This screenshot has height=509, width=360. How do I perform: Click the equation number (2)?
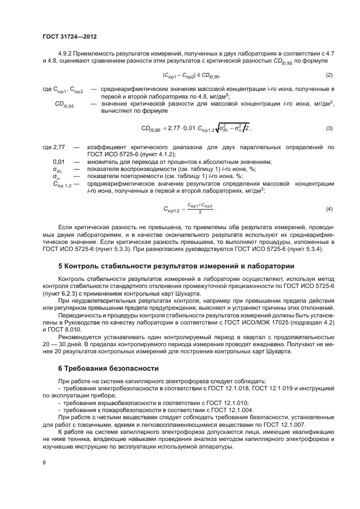click(x=329, y=75)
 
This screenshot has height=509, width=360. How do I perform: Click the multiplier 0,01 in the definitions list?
click(x=59, y=162)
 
